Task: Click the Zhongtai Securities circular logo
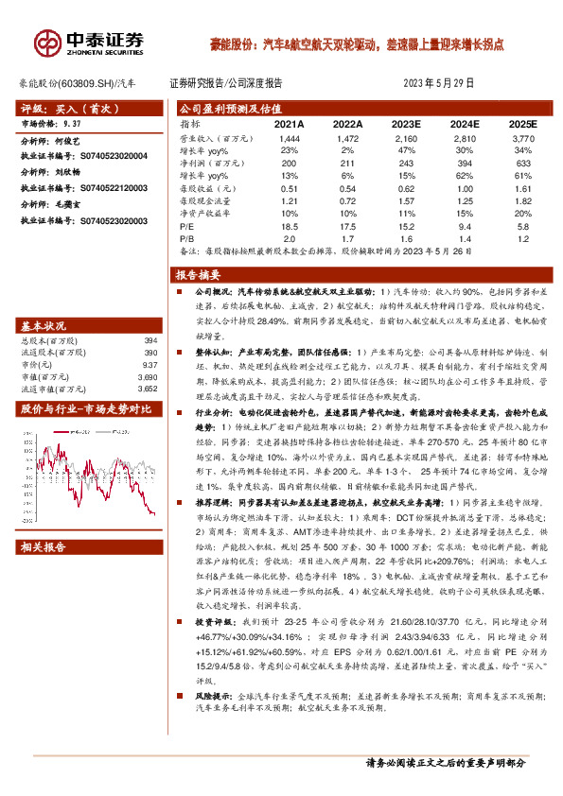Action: coord(46,42)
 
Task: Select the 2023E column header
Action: coord(406,124)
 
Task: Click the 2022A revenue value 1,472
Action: coord(348,138)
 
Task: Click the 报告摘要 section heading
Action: coord(198,275)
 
